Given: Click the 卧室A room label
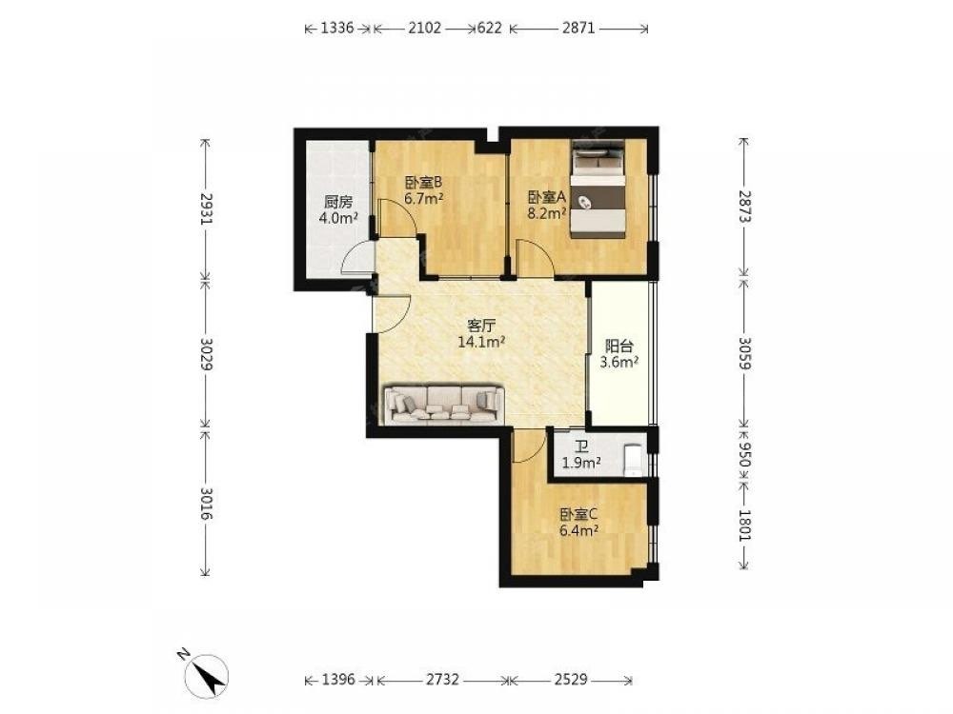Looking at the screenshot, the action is pyautogui.click(x=547, y=197).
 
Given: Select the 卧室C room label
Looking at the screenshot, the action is pyautogui.click(x=579, y=515).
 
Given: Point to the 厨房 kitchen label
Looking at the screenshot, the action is pyautogui.click(x=338, y=202).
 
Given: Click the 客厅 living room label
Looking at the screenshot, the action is pyautogui.click(x=481, y=326).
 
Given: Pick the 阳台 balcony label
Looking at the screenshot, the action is pyautogui.click(x=619, y=347).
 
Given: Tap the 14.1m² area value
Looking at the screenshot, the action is pyautogui.click(x=482, y=343).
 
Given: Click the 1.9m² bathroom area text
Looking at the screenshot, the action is pyautogui.click(x=581, y=464).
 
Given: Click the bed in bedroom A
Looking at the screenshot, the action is pyautogui.click(x=598, y=189).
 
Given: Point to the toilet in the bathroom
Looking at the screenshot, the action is pyautogui.click(x=634, y=460).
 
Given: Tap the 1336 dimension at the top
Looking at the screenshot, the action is pyautogui.click(x=337, y=28).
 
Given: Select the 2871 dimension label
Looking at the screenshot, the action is pyautogui.click(x=578, y=28).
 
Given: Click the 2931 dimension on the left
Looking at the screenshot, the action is pyautogui.click(x=206, y=209).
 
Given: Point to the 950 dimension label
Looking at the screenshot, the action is pyautogui.click(x=744, y=453).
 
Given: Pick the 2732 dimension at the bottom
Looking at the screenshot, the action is pyautogui.click(x=442, y=679).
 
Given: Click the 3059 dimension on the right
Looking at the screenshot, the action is pyautogui.click(x=744, y=352).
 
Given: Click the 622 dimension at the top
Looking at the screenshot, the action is pyautogui.click(x=490, y=28).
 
